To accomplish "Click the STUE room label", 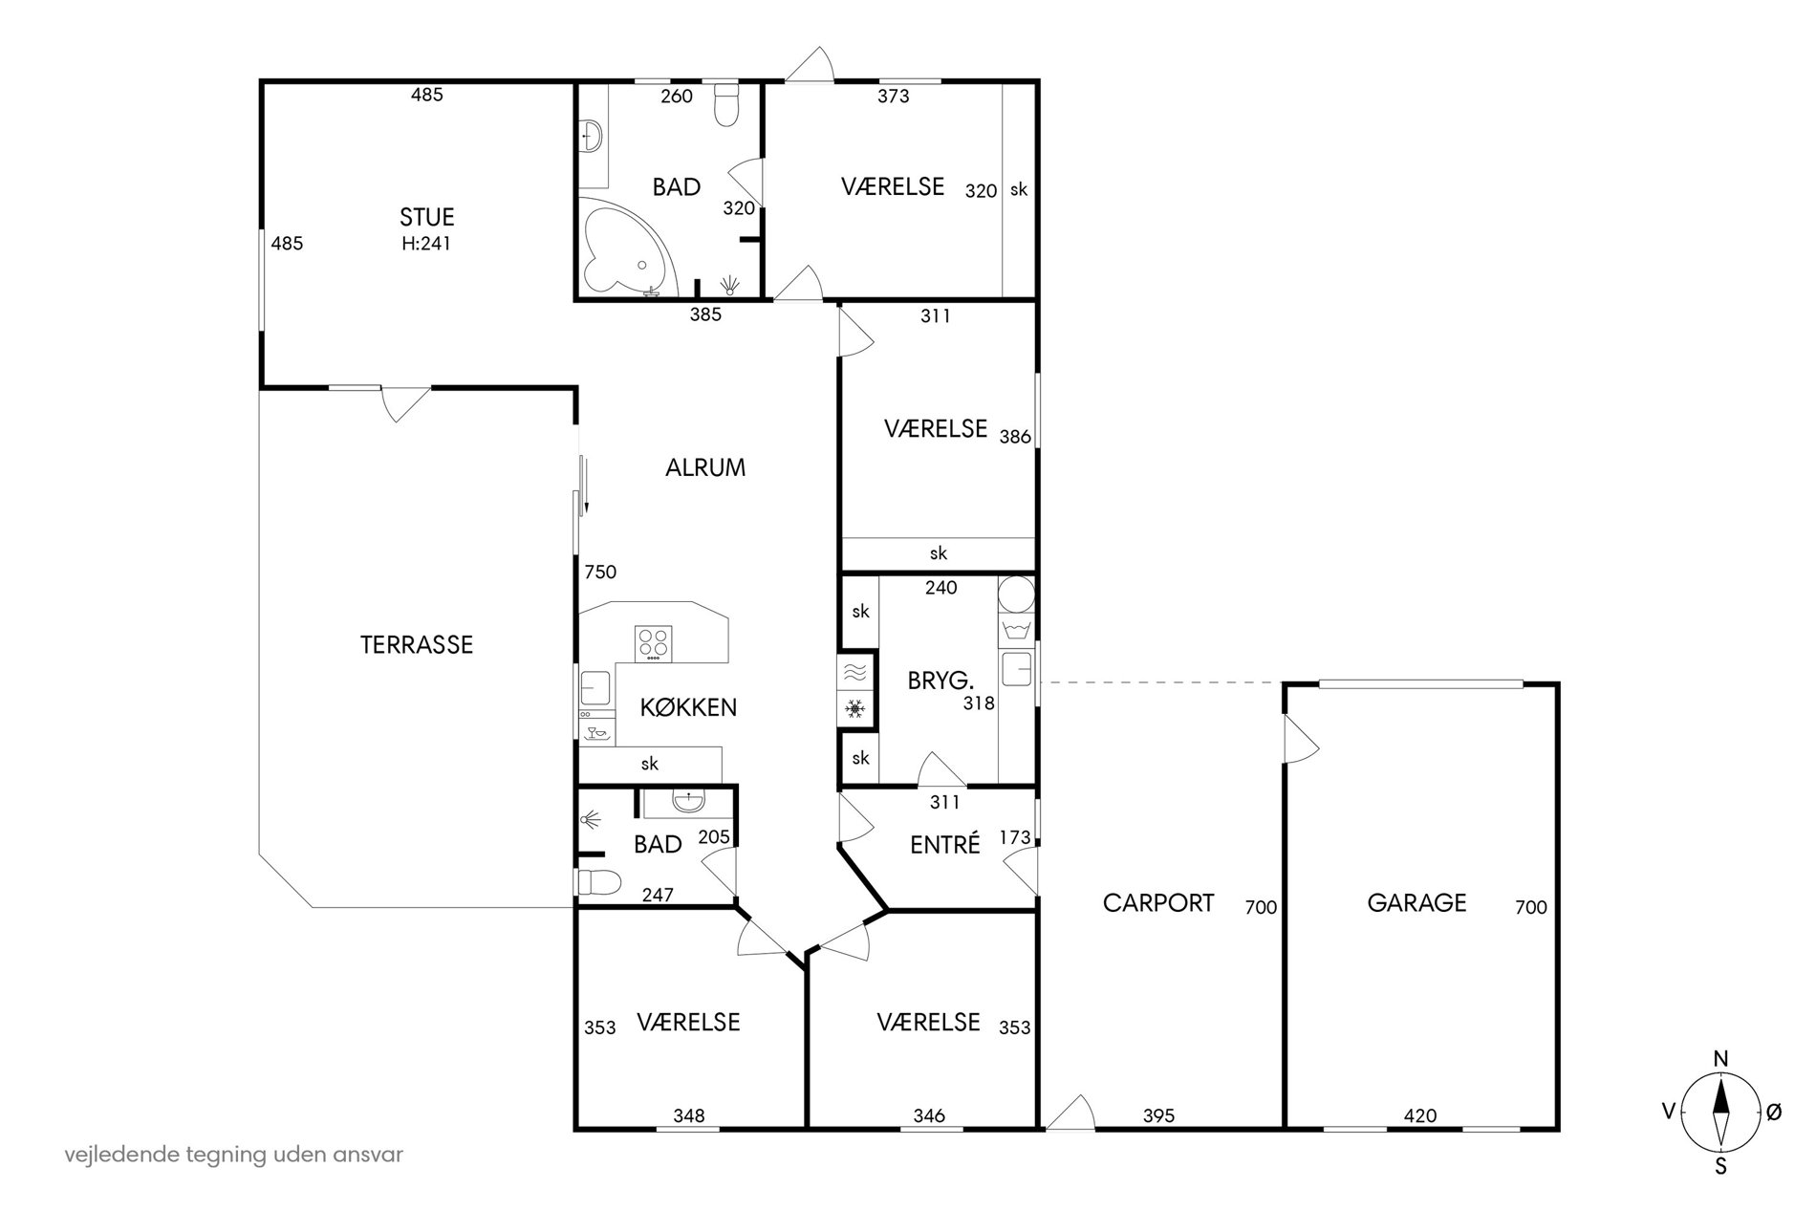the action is click(427, 217).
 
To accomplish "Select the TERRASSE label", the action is click(417, 645).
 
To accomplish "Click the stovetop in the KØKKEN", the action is click(654, 643).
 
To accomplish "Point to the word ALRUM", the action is click(705, 468).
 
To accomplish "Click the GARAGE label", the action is click(1416, 903).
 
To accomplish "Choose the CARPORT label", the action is click(1158, 903).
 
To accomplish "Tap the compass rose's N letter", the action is click(1720, 1058).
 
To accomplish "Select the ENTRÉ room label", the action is click(945, 845).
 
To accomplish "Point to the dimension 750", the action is click(600, 573).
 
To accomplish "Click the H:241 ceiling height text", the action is click(426, 244).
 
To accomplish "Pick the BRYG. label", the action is click(940, 681).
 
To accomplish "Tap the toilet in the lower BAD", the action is click(599, 882).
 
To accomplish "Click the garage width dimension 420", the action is click(1419, 1115).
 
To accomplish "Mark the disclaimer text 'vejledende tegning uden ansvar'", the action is click(234, 1155).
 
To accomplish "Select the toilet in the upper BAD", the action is click(727, 105).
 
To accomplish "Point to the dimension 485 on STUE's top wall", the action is click(427, 95).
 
